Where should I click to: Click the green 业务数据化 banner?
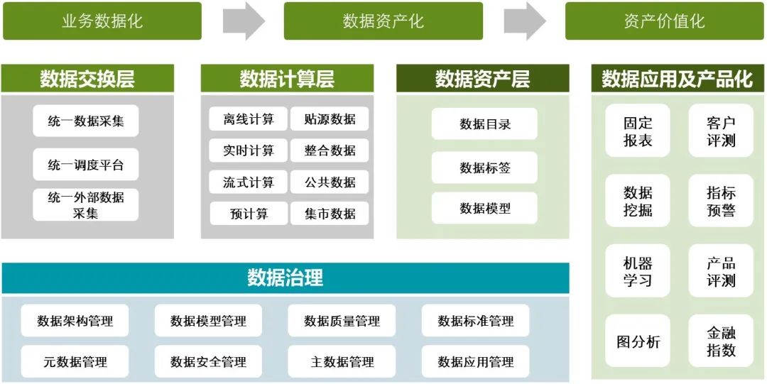pyautogui.click(x=102, y=21)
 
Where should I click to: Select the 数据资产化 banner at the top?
pyautogui.click(x=383, y=21)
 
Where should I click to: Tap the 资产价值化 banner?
pyautogui.click(x=664, y=21)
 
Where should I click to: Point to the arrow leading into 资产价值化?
pyautogui.click(x=525, y=21)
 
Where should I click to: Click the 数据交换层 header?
pyautogui.click(x=87, y=79)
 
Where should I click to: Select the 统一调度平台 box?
pyautogui.click(x=86, y=165)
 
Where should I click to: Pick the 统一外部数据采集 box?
pyautogui.click(x=86, y=204)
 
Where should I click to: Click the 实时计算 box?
pyautogui.click(x=248, y=150)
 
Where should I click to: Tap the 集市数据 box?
pyautogui.click(x=330, y=213)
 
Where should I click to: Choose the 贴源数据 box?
pyautogui.click(x=330, y=119)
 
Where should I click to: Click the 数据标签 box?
pyautogui.click(x=484, y=168)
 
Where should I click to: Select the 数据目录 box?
pyautogui.click(x=484, y=124)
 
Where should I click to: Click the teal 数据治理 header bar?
pyautogui.click(x=285, y=278)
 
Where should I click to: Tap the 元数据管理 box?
pyautogui.click(x=75, y=362)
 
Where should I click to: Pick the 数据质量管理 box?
pyautogui.click(x=342, y=321)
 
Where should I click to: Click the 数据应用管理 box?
pyautogui.click(x=475, y=362)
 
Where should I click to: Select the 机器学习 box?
pyautogui.click(x=637, y=271)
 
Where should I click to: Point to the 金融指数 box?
pyautogui.click(x=721, y=341)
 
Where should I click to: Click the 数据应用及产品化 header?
pyautogui.click(x=677, y=79)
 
